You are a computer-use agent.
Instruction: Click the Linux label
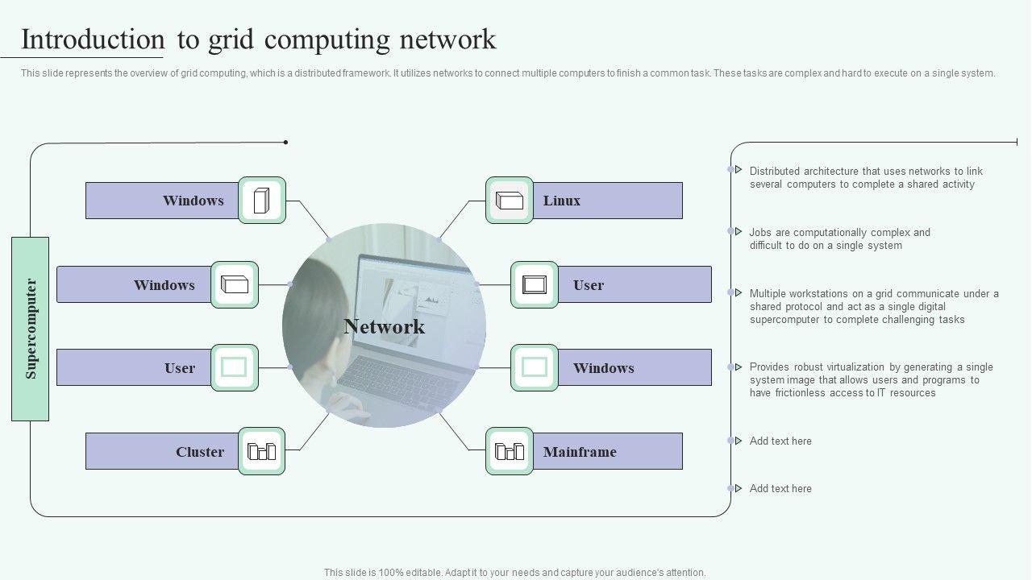pyautogui.click(x=562, y=201)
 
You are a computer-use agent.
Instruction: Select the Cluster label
pyautogui.click(x=200, y=452)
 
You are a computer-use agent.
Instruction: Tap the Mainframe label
pyautogui.click(x=580, y=452)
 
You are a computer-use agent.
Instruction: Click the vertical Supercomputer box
pyautogui.click(x=30, y=329)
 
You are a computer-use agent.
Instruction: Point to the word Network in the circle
pyautogui.click(x=385, y=326)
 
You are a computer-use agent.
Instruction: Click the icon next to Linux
pyautogui.click(x=509, y=201)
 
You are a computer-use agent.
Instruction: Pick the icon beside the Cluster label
pyautogui.click(x=262, y=451)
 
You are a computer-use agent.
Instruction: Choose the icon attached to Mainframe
pyautogui.click(x=509, y=451)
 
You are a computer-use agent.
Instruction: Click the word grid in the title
pyautogui.click(x=231, y=40)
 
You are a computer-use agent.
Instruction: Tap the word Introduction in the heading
pyautogui.click(x=93, y=39)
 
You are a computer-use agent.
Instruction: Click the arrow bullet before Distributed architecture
pyautogui.click(x=738, y=169)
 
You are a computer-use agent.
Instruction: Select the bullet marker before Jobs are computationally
pyautogui.click(x=738, y=231)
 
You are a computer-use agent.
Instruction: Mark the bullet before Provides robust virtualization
pyautogui.click(x=738, y=367)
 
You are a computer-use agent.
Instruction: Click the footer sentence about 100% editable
pyautogui.click(x=514, y=573)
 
